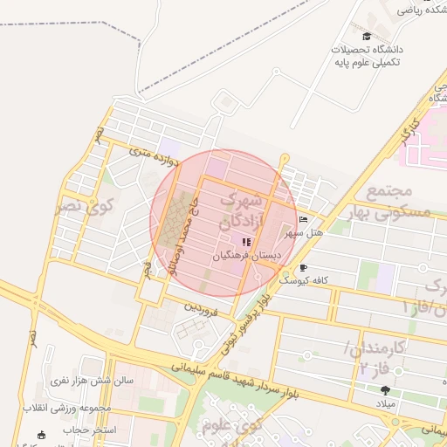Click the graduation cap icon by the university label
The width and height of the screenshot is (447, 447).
click(x=367, y=37)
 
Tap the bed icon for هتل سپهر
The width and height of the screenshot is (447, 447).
click(x=303, y=220)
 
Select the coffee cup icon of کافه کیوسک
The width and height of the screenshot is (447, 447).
click(x=303, y=267)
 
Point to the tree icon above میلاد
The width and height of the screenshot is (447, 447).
click(x=386, y=391)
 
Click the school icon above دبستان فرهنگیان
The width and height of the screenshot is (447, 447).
click(x=246, y=242)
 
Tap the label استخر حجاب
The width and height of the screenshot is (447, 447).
click(x=86, y=430)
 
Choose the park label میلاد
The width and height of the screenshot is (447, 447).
click(x=385, y=406)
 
